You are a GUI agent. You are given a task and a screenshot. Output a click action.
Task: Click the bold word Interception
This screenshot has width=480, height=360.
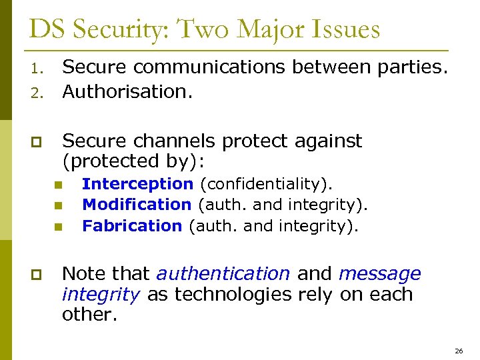point(137,183)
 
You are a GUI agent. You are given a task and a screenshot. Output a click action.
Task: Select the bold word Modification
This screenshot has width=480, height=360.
point(137,205)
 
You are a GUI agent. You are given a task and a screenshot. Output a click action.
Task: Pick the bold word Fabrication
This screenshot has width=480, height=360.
point(132,226)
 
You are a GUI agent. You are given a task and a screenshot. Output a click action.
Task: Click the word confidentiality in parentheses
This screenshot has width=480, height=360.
point(266,183)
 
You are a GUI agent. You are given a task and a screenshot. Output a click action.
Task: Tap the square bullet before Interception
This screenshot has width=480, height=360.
point(58,185)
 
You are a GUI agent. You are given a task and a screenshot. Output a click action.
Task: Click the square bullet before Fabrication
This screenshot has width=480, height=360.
point(58,227)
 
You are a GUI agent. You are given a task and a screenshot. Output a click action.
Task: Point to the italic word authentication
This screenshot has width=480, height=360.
point(223,274)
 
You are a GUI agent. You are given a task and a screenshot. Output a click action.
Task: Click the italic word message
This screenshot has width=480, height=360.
point(379,274)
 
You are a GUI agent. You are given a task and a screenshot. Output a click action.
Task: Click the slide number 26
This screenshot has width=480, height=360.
point(458,350)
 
